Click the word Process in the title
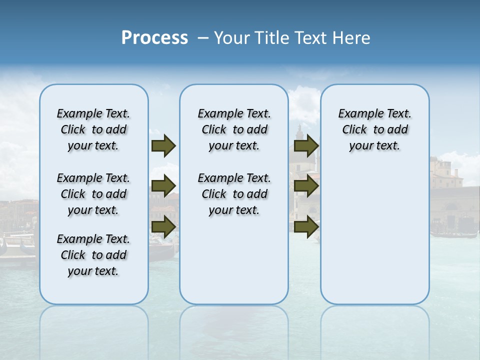click(x=154, y=38)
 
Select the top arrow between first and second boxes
click(x=163, y=146)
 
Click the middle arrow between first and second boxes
click(x=163, y=186)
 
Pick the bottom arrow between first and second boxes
click(x=163, y=227)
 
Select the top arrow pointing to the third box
click(x=306, y=146)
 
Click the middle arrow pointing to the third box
click(x=306, y=186)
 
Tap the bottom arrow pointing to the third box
click(x=306, y=227)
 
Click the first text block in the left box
click(x=93, y=129)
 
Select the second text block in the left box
click(x=93, y=194)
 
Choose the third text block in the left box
click(x=93, y=255)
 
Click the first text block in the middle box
click(x=234, y=129)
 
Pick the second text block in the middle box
click(x=234, y=194)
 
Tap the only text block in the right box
click(x=374, y=129)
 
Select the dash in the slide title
click(x=203, y=38)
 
